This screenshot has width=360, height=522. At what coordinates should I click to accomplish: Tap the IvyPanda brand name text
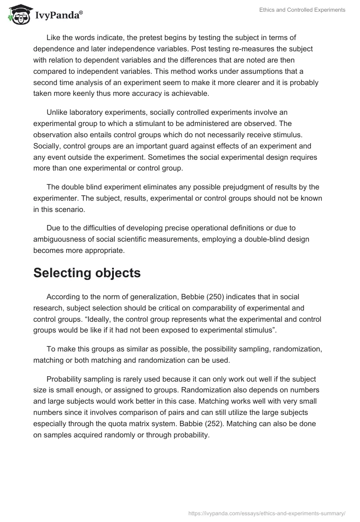tap(58, 15)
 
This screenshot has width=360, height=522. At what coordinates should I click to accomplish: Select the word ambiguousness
tap(59, 239)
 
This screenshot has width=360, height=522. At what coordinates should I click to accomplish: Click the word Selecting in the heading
tap(66, 273)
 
